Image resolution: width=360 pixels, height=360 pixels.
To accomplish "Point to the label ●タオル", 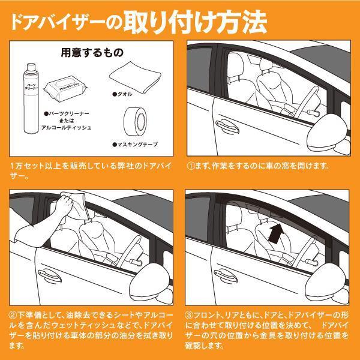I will coord(124,95).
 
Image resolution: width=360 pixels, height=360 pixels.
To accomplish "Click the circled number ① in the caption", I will coord(191,165).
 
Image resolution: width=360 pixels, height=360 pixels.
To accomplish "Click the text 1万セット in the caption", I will coord(25,165).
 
